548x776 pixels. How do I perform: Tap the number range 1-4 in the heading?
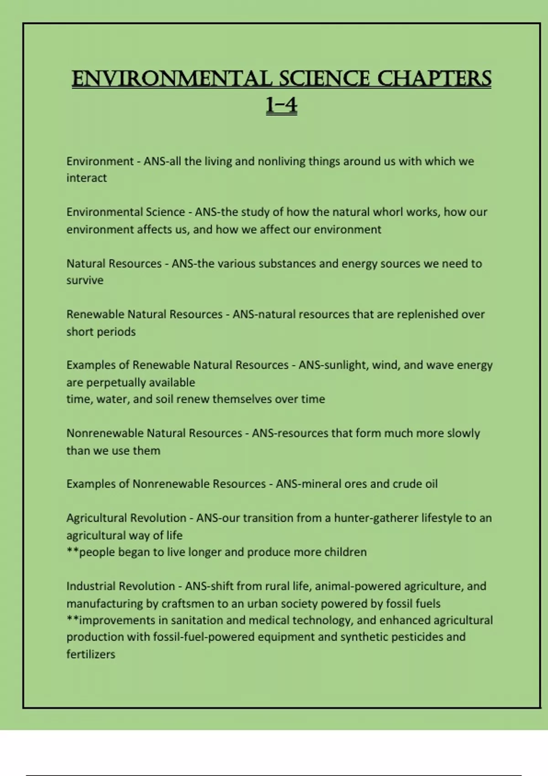point(281,106)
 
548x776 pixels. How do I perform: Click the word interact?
point(86,178)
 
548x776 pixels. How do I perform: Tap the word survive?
point(85,280)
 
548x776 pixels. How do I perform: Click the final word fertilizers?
point(90,655)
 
